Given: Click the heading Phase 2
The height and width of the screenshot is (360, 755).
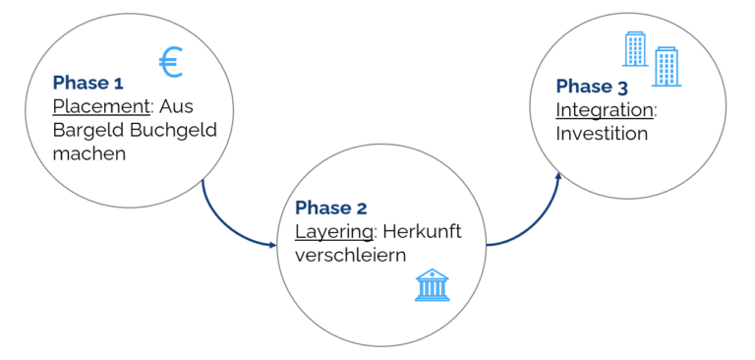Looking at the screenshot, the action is (331, 208).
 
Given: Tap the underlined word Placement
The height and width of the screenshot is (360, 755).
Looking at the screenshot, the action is (93, 106).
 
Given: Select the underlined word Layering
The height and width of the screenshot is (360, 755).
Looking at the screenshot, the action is (333, 231).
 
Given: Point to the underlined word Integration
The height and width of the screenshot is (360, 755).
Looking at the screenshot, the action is (604, 109).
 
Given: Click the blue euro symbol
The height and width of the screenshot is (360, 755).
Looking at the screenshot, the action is (171, 63).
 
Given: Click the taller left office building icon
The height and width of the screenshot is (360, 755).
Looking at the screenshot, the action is (635, 48).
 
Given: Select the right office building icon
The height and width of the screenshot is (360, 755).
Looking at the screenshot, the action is (667, 67).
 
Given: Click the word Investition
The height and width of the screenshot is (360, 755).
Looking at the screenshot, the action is (602, 133).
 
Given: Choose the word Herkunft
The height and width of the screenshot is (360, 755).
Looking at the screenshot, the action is (422, 231).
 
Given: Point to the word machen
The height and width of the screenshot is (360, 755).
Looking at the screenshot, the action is (89, 153).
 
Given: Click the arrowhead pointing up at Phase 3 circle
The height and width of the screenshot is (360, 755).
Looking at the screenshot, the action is (558, 178).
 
